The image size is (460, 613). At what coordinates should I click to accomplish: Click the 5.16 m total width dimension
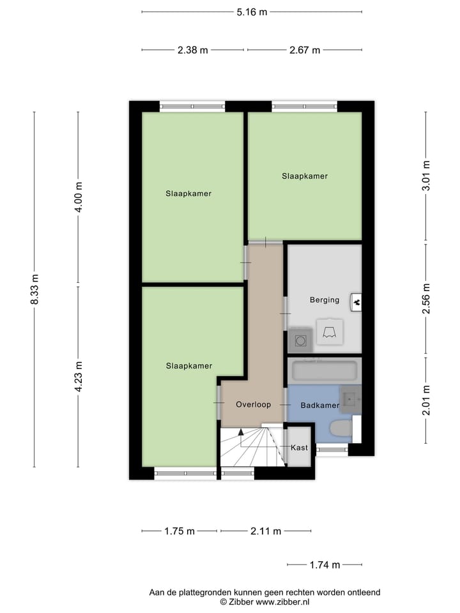(x=251, y=11)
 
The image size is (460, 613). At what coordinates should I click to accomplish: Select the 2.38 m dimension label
(x=193, y=50)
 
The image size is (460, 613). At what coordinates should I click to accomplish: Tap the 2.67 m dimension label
(x=305, y=50)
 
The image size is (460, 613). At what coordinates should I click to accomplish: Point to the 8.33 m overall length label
(x=35, y=289)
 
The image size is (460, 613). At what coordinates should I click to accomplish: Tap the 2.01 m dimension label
(x=426, y=400)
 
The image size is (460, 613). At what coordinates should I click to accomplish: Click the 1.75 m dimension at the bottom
(x=179, y=531)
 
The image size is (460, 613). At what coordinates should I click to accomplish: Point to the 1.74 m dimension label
(x=325, y=564)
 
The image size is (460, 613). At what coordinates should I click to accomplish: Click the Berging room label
(x=325, y=299)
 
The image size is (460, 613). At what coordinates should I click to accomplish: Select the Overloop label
(x=254, y=404)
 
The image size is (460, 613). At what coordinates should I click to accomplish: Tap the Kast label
(x=299, y=448)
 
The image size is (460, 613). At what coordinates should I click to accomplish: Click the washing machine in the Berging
(x=300, y=341)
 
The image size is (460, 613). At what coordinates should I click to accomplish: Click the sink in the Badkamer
(x=350, y=398)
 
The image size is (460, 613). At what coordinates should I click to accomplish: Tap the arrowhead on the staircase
(x=241, y=432)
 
